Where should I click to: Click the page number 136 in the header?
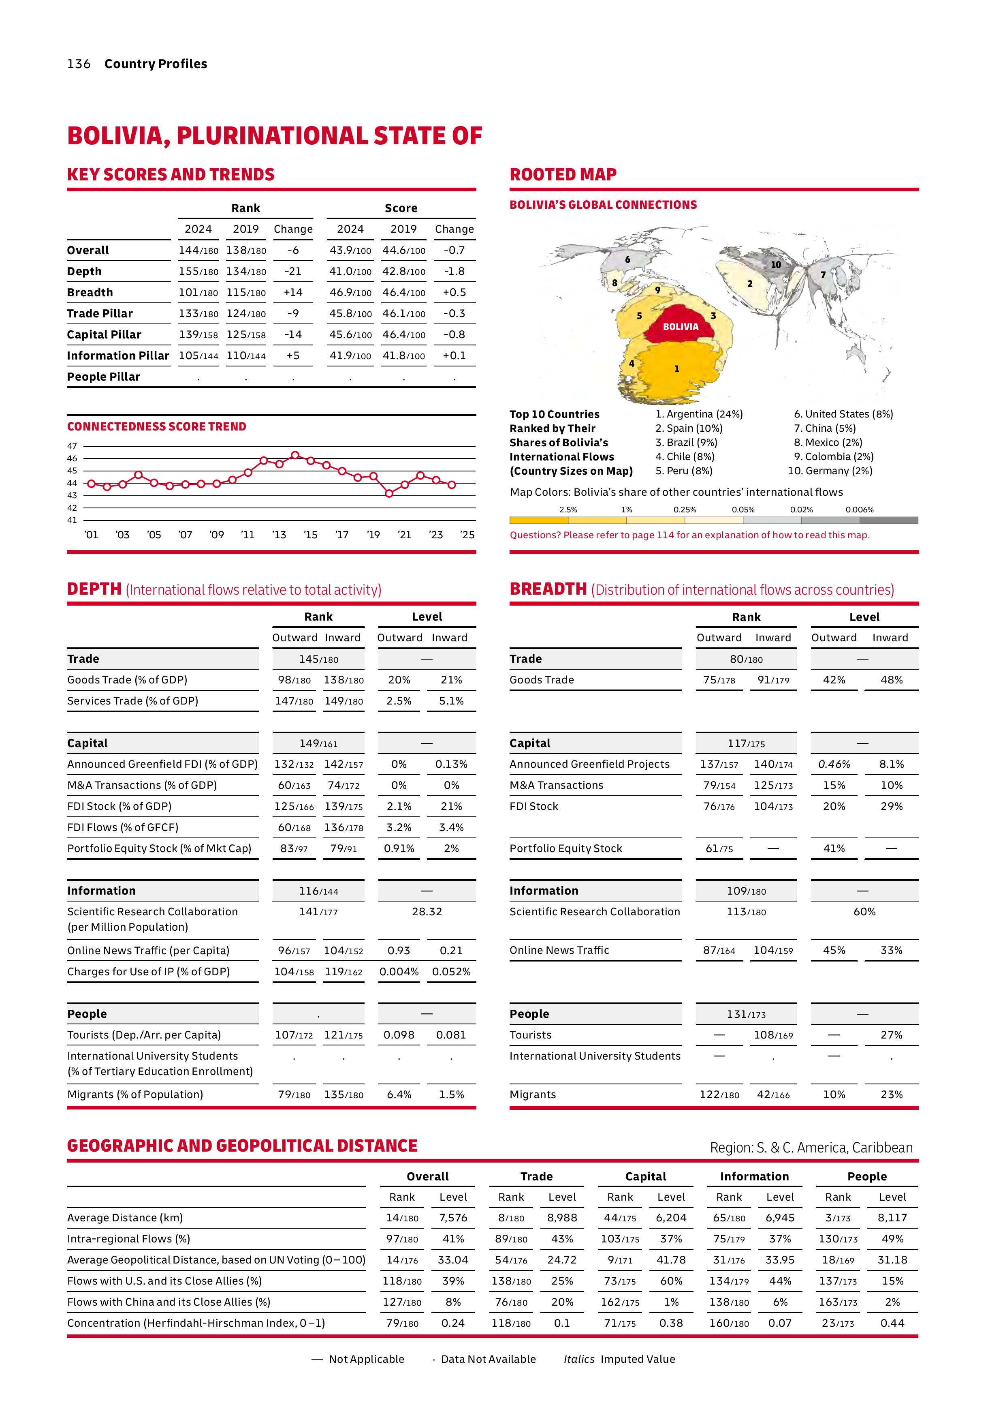(79, 64)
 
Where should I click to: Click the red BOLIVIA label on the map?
(680, 326)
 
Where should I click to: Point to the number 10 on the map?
(775, 264)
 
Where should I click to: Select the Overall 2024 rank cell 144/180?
(198, 250)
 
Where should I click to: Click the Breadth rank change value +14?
(293, 292)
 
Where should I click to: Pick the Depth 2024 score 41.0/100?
(350, 271)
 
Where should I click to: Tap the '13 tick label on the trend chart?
(279, 535)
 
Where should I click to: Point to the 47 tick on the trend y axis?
(73, 445)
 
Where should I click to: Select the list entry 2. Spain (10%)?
(689, 428)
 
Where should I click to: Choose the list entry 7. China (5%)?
(824, 428)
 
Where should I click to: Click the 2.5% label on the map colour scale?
(568, 510)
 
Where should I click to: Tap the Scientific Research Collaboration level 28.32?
(427, 912)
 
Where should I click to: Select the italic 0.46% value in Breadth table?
(834, 764)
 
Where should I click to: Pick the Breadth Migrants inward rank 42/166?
(773, 1094)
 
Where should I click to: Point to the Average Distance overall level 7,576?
(453, 1218)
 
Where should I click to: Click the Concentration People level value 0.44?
(892, 1323)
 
